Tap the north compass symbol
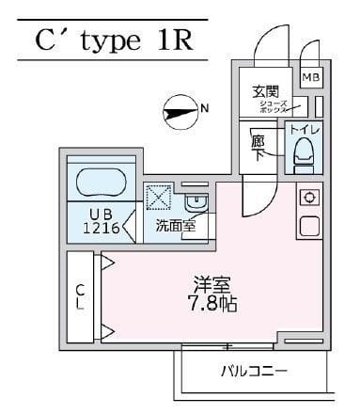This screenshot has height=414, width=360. point(176,111)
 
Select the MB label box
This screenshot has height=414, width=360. point(310,77)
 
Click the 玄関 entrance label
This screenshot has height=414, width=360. point(266,91)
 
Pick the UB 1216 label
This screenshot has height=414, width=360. point(99,219)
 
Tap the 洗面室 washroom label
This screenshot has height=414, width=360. point(176,225)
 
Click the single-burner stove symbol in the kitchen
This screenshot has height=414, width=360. point(307,199)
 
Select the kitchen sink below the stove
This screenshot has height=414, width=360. point(307,227)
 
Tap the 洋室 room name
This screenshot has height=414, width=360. point(212,283)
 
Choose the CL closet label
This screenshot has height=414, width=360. point(80,296)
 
